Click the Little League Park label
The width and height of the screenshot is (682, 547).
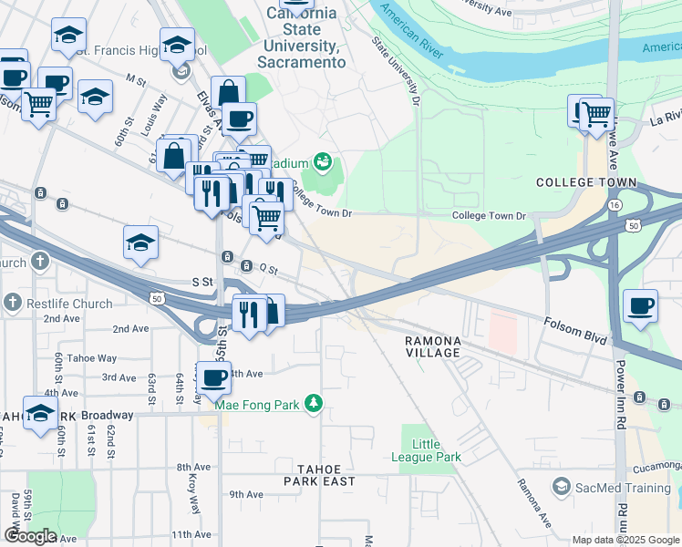point(438,450)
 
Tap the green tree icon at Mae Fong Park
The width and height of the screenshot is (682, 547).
point(314,402)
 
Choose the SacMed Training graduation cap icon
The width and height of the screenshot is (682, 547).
point(560,488)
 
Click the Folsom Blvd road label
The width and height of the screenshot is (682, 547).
point(575,330)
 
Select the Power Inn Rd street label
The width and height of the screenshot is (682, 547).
point(621,395)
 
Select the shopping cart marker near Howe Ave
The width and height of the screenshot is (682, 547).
point(596,116)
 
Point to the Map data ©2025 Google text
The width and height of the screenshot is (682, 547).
point(625,540)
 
